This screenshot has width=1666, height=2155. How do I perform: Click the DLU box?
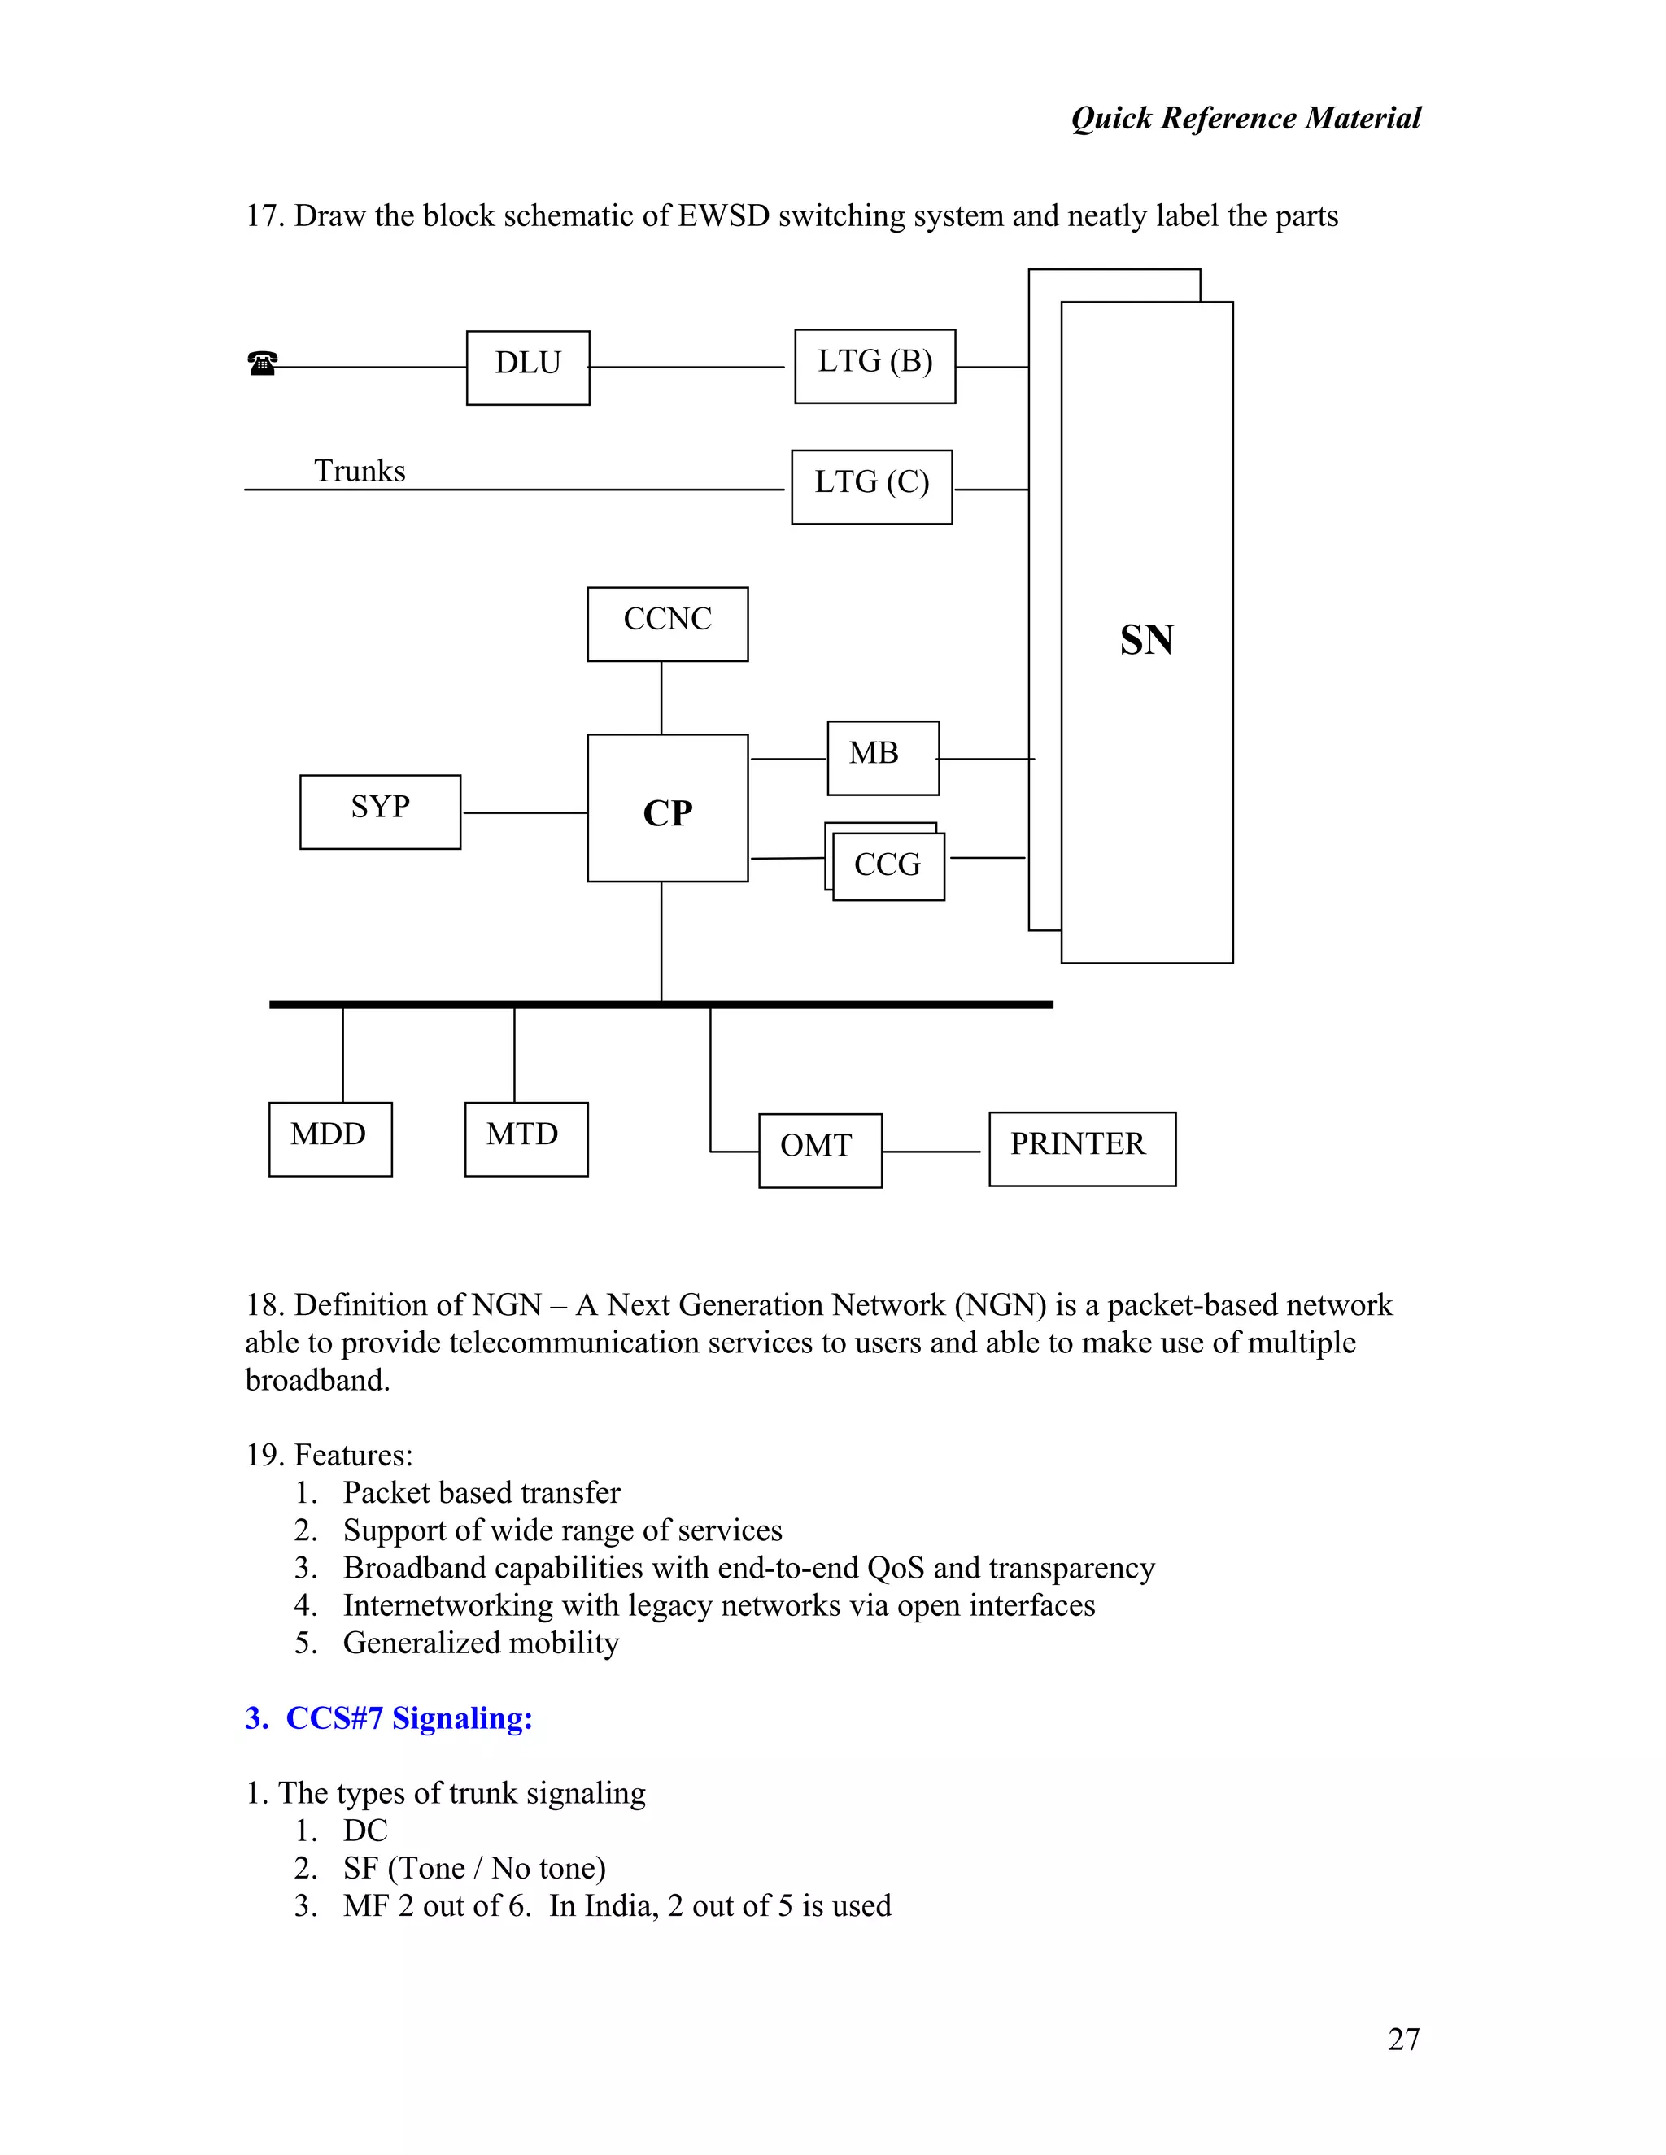(x=528, y=367)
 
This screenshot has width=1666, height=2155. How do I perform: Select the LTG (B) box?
(x=874, y=366)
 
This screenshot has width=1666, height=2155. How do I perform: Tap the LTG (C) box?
(x=871, y=486)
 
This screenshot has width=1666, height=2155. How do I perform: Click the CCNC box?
(x=667, y=624)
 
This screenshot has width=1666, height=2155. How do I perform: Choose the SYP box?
(x=380, y=811)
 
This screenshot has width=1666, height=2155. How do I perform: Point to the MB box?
(x=883, y=758)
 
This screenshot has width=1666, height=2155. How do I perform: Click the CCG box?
(x=888, y=865)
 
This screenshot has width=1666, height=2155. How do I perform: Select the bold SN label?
(x=1146, y=639)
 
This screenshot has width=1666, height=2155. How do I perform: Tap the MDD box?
(x=329, y=1138)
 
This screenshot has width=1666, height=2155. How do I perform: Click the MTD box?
(x=526, y=1138)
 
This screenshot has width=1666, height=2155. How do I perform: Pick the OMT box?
(x=819, y=1151)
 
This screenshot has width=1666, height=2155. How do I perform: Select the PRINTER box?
(x=1082, y=1148)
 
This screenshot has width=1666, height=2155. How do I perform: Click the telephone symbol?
(x=263, y=364)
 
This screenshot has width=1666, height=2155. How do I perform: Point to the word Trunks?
(x=360, y=471)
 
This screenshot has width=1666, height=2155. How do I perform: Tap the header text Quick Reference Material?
(x=1245, y=119)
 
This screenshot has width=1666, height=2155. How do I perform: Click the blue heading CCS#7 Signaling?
(x=408, y=1717)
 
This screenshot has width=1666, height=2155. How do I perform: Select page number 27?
(x=1403, y=2039)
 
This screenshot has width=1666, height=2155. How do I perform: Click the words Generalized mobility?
(x=481, y=1643)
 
